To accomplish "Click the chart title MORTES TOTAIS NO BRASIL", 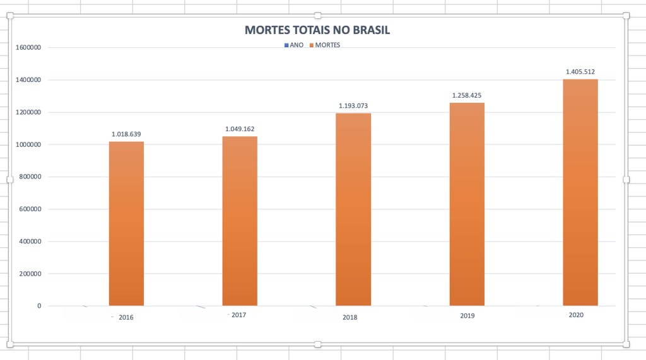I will pyautogui.click(x=317, y=30).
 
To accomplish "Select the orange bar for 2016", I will pyautogui.click(x=126, y=224).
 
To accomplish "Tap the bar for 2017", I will pyautogui.click(x=240, y=221).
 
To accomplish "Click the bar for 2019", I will pyautogui.click(x=467, y=204).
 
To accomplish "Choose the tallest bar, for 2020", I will pyautogui.click(x=580, y=192).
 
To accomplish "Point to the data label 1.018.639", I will pyautogui.click(x=126, y=134).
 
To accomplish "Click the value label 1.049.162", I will pyautogui.click(x=240, y=129).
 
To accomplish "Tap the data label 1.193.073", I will pyautogui.click(x=353, y=106).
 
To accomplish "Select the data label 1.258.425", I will pyautogui.click(x=467, y=96).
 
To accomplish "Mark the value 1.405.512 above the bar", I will pyautogui.click(x=580, y=72).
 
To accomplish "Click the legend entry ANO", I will pyautogui.click(x=294, y=45).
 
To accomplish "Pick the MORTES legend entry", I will pyautogui.click(x=325, y=45).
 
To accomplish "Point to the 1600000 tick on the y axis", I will pyautogui.click(x=28, y=48).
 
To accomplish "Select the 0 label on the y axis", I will pyautogui.click(x=39, y=306).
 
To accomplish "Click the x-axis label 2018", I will pyautogui.click(x=349, y=317).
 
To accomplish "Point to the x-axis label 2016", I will pyautogui.click(x=126, y=317).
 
